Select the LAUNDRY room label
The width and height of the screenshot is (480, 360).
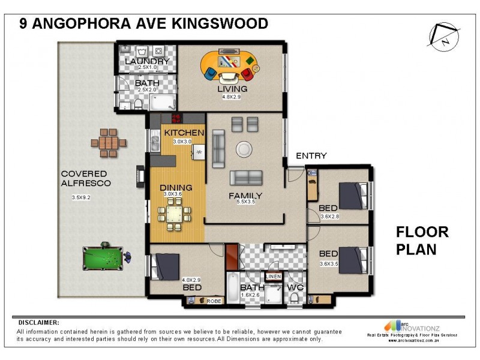[147, 62]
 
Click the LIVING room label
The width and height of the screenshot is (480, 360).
[232, 89]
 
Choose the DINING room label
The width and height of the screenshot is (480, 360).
[176, 187]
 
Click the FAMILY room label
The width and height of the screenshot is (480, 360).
[245, 196]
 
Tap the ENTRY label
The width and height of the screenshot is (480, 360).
[311, 156]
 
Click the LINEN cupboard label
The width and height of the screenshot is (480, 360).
[273, 276]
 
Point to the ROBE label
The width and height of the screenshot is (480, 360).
[214, 302]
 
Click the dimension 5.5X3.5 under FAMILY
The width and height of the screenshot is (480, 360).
[247, 203]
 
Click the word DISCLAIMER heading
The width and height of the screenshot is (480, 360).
[39, 322]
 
